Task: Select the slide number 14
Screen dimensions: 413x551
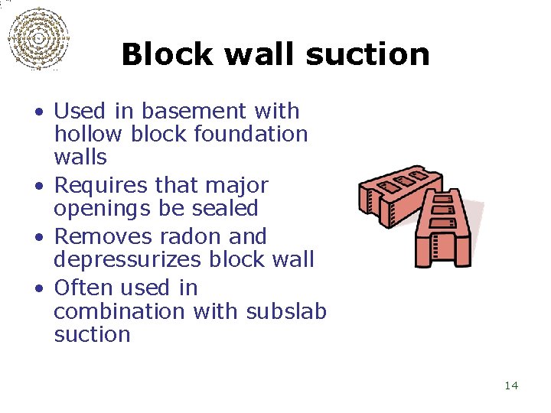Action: click(x=511, y=385)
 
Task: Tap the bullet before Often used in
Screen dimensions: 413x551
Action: click(x=38, y=289)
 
